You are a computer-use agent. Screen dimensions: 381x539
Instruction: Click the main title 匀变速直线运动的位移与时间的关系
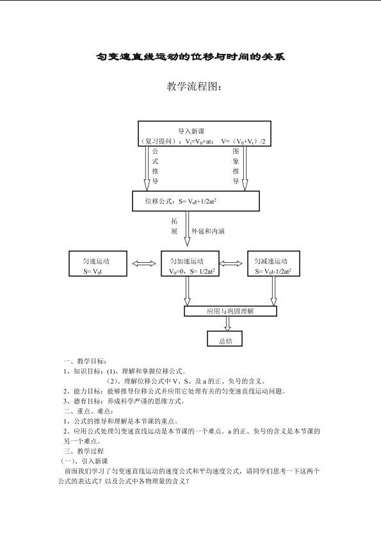tap(191, 56)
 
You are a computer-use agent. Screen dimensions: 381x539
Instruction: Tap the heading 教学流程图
tap(194, 87)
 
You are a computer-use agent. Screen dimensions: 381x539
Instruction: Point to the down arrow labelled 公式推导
tap(147, 169)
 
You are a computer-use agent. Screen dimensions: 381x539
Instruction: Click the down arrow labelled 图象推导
tap(245, 169)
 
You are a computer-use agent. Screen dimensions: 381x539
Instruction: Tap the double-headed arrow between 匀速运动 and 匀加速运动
tap(144, 263)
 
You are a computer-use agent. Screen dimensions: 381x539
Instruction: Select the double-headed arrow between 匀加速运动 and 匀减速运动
tap(231, 263)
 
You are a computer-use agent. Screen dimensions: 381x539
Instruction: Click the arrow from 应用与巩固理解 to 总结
tap(227, 324)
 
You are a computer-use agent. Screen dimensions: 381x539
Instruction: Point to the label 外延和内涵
tap(208, 231)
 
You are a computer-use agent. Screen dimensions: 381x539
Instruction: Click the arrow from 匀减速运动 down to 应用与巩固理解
tap(273, 291)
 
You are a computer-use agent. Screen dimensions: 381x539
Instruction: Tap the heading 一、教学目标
tap(85, 361)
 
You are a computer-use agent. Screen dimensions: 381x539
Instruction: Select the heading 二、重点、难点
tap(88, 411)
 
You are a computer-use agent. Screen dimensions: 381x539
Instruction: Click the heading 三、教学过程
tap(83, 451)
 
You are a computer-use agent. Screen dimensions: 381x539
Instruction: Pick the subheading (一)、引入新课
tap(84, 461)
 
